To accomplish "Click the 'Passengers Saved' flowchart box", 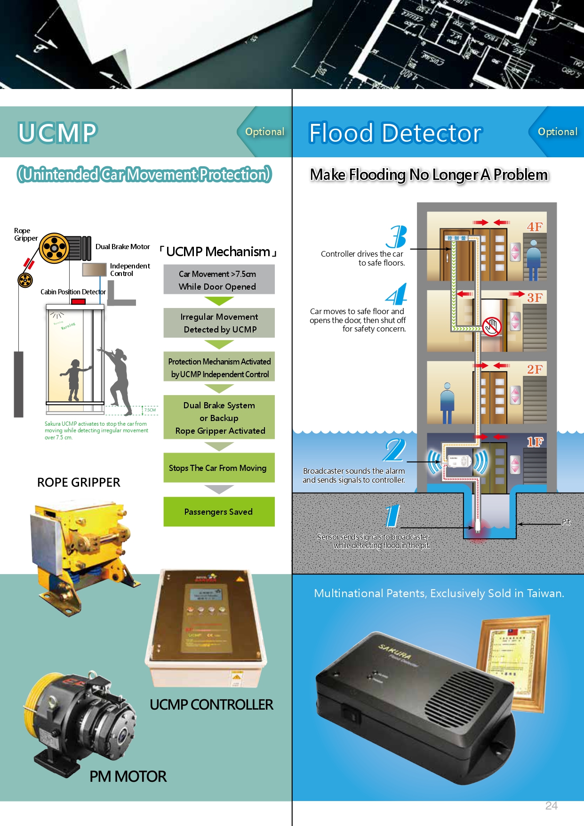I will coord(219,512).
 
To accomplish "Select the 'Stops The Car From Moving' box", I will coord(219,468).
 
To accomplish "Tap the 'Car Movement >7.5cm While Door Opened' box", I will coord(219,280).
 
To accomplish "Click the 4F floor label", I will coord(535,227).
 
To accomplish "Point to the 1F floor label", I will coord(535,442).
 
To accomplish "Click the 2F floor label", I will coord(535,369).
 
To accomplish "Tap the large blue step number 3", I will coord(397,237).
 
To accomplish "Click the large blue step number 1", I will coord(392,516).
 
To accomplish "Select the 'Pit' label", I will coord(566,522).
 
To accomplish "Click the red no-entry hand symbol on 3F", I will coord(492,326).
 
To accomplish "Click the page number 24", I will coord(551,806).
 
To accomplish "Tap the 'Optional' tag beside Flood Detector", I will coord(557,132).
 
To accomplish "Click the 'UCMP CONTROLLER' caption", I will coord(211,705).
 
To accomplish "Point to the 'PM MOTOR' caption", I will coord(128,776).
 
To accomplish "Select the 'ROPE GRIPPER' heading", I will coord(79,482).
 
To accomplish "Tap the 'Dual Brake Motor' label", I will coord(122,247).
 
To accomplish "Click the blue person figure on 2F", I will coord(447,403).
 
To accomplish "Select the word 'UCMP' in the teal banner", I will coord(57,132).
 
